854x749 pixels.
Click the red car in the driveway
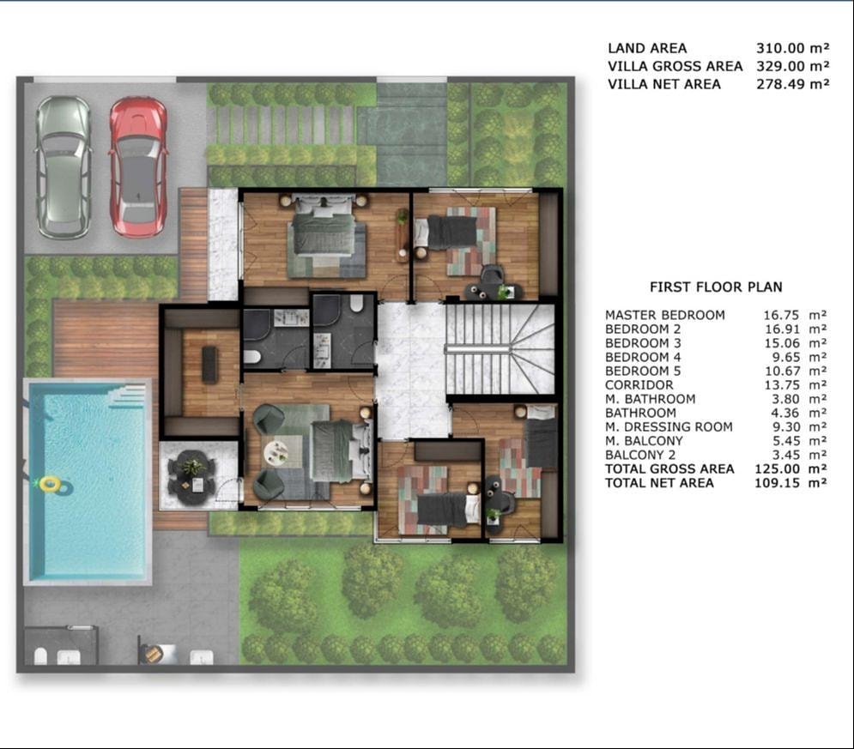138,167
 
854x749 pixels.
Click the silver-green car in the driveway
64,167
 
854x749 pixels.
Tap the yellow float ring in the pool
50,483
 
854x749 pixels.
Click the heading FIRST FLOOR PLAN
716,287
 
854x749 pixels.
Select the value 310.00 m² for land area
792,48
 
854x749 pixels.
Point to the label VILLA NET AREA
664,84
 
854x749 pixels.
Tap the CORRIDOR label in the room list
639,385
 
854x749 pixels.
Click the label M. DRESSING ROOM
669,426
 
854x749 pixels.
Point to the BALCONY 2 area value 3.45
786,455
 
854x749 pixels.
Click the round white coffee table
276,453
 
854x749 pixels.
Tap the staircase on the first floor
500,348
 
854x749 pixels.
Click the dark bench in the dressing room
209,364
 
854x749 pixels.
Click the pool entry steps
127,396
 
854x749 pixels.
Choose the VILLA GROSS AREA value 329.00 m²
792,66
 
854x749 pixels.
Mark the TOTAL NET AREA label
659,483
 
